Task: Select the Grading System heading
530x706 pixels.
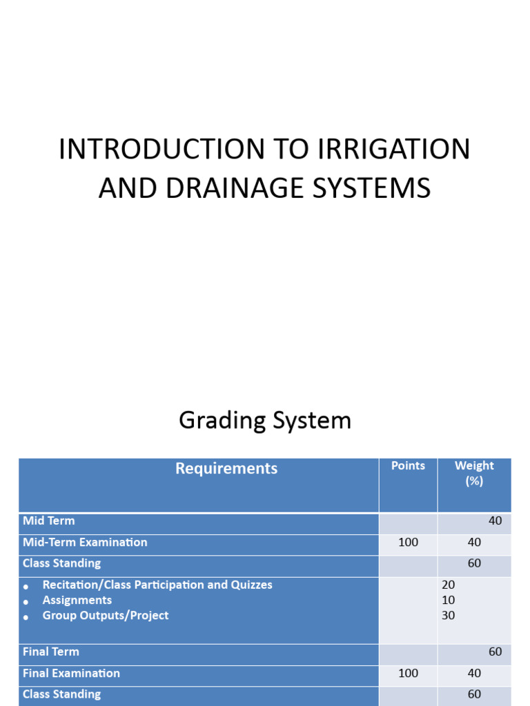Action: point(265,420)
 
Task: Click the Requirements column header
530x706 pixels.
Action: point(226,469)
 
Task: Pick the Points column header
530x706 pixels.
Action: point(408,466)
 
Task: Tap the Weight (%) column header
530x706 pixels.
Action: point(474,473)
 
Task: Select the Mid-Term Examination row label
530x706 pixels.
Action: point(85,543)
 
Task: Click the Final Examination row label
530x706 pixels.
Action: point(71,674)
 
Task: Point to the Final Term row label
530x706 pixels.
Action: point(51,652)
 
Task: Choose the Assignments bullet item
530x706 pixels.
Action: point(77,601)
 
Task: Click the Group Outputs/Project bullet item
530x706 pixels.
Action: point(106,616)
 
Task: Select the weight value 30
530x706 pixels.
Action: point(449,616)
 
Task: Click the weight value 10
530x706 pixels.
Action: point(449,601)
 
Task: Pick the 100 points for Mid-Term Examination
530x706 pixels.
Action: point(408,543)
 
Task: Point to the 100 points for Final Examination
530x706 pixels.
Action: point(408,674)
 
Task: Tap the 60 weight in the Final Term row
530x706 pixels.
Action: point(495,652)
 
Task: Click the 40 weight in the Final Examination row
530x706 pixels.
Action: point(474,674)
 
